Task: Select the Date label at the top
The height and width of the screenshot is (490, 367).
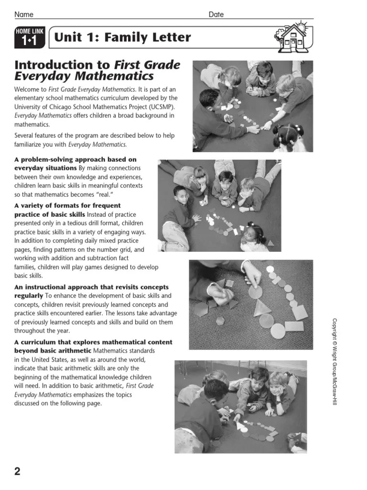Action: click(x=216, y=15)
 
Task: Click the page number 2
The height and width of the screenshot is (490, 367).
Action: click(x=18, y=471)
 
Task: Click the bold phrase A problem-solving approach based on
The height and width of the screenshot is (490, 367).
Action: click(x=76, y=159)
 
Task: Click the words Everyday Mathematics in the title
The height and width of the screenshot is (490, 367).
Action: click(x=84, y=77)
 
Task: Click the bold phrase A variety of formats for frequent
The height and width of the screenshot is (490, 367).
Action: click(x=67, y=206)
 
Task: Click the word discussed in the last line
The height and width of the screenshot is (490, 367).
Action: click(x=30, y=403)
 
